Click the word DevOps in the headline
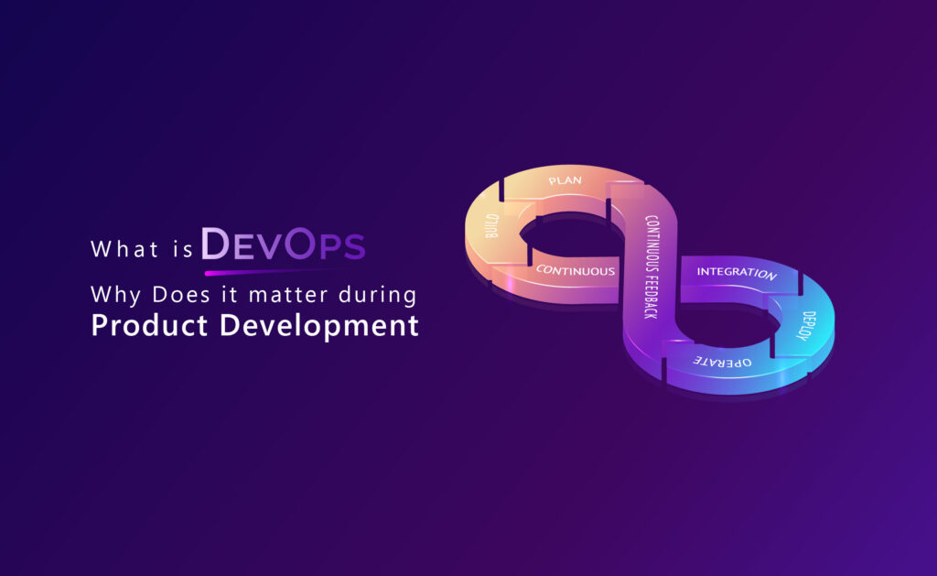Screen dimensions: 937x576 point(283,244)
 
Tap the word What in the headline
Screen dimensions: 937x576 point(124,249)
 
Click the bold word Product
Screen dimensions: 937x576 point(149,325)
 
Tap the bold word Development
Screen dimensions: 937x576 point(319,327)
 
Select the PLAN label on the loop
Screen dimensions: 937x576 point(565,180)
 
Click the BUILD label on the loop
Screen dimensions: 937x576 point(491,226)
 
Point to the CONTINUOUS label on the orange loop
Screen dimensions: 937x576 point(576,270)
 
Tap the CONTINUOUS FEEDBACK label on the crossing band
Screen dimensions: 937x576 point(652,266)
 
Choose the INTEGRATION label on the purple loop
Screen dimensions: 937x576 point(737,273)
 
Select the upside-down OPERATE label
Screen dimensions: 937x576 point(722,362)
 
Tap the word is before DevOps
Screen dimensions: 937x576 point(183,249)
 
